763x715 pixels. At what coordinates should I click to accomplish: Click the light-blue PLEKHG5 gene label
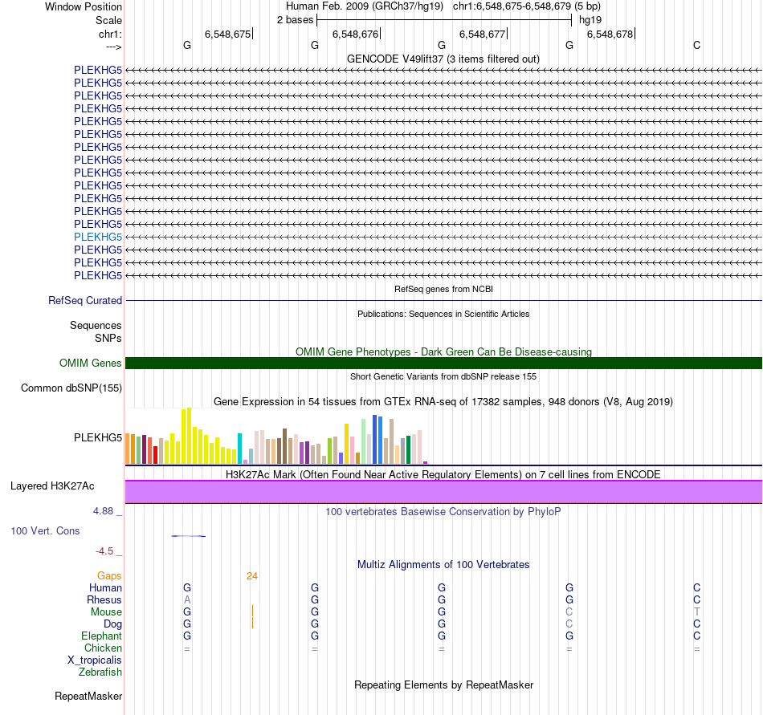[97, 237]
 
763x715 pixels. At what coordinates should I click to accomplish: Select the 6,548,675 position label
[227, 34]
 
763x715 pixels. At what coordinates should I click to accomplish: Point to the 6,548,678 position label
[610, 34]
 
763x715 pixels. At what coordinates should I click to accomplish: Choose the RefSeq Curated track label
[85, 300]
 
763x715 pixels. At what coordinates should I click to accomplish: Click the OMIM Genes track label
[91, 363]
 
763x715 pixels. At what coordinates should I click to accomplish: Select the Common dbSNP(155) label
[71, 388]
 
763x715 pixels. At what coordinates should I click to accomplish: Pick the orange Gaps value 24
[252, 575]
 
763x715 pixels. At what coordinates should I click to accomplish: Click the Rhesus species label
[104, 599]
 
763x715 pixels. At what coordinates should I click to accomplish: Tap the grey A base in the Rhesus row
[187, 599]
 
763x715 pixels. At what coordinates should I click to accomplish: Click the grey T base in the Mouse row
[696, 611]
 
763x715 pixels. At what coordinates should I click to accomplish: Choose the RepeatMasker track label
[88, 696]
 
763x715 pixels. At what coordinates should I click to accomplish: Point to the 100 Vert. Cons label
[45, 530]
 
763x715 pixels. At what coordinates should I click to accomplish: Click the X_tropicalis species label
[95, 660]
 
